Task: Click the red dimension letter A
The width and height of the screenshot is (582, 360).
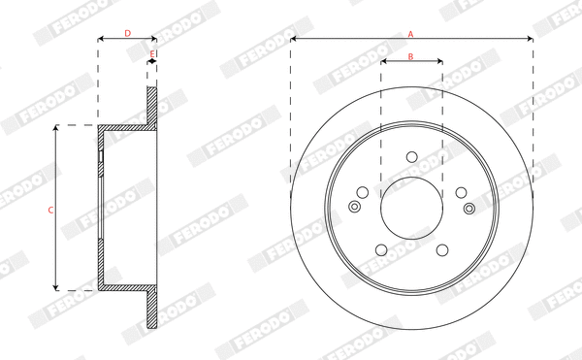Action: click(410, 33)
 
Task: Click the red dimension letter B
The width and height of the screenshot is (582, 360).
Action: click(410, 56)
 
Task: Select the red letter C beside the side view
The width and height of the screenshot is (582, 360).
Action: click(49, 209)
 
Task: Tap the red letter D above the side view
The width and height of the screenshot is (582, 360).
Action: click(127, 33)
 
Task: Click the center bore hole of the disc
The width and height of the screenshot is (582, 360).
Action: click(411, 208)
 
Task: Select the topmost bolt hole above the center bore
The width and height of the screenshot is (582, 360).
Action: click(411, 156)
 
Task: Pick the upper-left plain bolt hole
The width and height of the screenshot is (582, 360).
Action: click(362, 192)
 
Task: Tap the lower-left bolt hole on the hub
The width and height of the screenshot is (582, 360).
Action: click(381, 250)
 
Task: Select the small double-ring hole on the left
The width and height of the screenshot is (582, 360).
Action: click(354, 206)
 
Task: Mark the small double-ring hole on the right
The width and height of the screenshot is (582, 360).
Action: click(469, 208)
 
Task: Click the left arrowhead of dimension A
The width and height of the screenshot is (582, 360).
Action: click(294, 40)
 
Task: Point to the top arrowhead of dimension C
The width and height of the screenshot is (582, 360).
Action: click(56, 128)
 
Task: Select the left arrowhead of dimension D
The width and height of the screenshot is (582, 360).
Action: click(101, 40)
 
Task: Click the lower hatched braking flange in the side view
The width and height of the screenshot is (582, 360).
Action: click(151, 311)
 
